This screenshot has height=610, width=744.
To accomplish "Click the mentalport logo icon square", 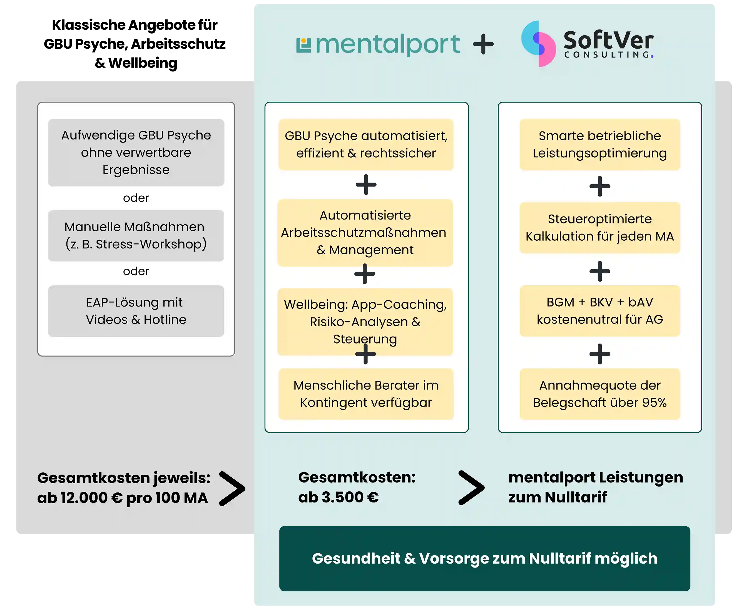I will tap(303, 45).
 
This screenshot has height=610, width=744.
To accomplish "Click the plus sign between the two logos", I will tap(483, 44).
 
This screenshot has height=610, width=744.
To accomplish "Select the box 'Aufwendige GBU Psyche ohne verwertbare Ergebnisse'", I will tap(136, 153).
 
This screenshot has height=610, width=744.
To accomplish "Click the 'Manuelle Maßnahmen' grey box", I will tap(136, 235).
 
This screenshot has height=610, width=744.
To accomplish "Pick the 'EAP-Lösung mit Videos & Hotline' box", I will tap(136, 311).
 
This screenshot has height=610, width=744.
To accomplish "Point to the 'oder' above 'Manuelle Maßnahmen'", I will tap(136, 198).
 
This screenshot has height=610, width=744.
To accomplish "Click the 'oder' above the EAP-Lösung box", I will tap(136, 271).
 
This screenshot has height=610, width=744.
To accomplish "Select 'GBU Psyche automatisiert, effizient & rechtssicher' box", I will tap(366, 145).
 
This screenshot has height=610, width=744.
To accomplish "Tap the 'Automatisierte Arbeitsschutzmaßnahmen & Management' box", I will tap(365, 233).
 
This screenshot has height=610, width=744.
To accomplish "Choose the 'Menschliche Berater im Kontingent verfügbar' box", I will tap(366, 394).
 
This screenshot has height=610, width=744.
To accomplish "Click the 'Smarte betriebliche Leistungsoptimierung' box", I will tap(599, 145).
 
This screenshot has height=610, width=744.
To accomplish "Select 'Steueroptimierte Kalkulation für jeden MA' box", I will tap(599, 228).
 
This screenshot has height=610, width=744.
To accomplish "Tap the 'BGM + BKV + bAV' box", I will tap(599, 311).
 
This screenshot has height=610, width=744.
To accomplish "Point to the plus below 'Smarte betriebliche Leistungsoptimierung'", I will tap(599, 186).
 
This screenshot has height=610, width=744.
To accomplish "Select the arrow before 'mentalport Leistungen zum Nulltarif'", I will tap(471, 488).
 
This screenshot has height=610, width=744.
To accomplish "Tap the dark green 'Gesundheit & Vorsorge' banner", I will tap(485, 559).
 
